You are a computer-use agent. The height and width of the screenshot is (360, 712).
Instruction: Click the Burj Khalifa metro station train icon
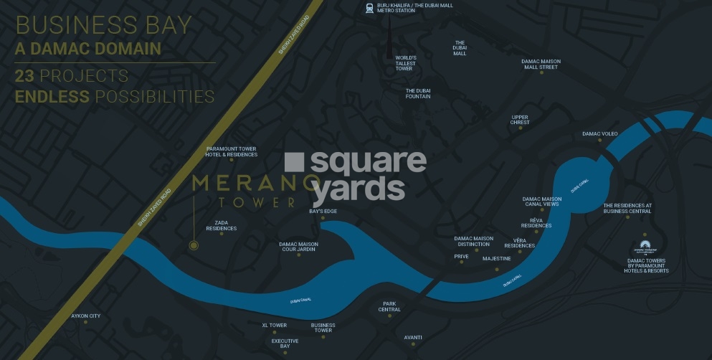coord(369,9)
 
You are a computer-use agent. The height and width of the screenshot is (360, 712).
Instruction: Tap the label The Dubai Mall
coord(460,48)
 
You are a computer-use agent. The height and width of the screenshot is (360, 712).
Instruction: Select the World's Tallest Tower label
coord(406,64)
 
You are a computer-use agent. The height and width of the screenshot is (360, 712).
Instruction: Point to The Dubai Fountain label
coord(418,93)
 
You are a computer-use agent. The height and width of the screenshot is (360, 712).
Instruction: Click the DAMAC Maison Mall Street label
coord(541,64)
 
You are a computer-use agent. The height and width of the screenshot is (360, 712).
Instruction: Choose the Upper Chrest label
coord(520,120)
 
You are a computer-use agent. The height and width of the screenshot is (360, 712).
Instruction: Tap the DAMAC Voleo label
coord(599,133)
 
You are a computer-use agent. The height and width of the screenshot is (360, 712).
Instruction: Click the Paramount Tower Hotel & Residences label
coord(231,151)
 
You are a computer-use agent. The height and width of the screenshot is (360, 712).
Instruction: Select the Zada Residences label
coord(221,225)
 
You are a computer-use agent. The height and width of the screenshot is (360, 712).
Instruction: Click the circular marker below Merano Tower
coord(194,245)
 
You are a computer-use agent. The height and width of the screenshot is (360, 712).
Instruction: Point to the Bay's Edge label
coord(323,211)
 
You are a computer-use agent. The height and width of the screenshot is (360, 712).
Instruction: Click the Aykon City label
coord(85,316)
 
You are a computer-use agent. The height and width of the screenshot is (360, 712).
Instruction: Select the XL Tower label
coord(274,325)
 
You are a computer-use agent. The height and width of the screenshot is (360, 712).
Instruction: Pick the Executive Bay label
coord(285,344)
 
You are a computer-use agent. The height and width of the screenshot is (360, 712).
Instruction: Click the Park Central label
coord(389,306)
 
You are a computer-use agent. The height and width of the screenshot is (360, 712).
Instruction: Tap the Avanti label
coord(413,337)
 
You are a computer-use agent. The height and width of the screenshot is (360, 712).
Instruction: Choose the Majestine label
coord(496,258)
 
